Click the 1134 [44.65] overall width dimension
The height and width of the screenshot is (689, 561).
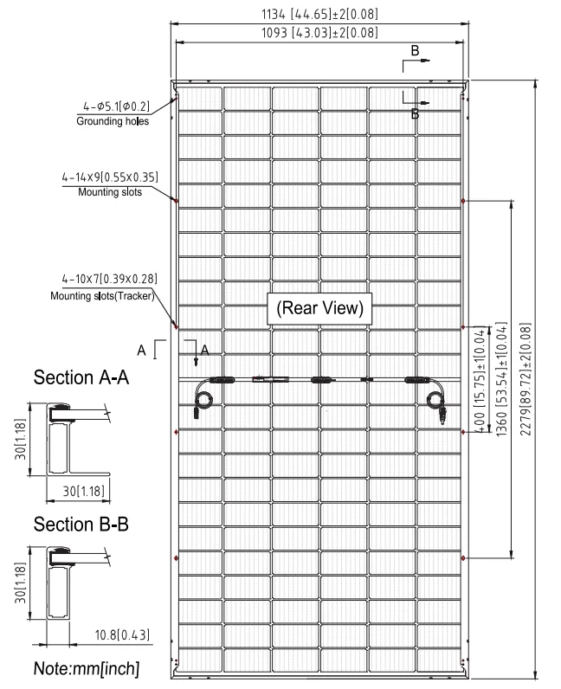(319, 14)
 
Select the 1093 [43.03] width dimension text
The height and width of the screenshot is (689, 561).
(319, 33)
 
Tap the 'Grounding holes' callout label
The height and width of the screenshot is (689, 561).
(113, 121)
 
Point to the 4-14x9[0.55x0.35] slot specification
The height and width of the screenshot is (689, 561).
(110, 177)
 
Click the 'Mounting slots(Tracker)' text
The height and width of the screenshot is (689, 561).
(102, 296)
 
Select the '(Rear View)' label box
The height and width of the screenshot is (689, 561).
(319, 308)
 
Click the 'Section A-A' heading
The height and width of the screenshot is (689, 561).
(81, 377)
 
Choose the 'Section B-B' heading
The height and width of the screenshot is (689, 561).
(81, 525)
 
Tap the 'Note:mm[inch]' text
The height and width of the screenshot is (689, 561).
(87, 669)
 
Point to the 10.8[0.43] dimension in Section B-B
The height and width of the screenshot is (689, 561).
(122, 635)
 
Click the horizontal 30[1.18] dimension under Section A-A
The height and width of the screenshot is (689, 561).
(83, 491)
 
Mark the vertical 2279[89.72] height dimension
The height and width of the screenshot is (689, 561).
(526, 379)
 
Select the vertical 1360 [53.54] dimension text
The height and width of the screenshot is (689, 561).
(501, 379)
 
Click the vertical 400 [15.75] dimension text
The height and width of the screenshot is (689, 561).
(480, 381)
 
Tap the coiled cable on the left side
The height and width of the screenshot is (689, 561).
(203, 399)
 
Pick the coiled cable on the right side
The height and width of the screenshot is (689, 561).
(437, 401)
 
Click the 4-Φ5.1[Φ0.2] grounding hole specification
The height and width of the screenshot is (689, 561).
(117, 106)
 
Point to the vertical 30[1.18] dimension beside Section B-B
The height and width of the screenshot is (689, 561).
(21, 583)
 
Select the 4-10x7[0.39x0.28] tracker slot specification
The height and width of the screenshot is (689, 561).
(109, 279)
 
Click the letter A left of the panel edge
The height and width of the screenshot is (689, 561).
(141, 351)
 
